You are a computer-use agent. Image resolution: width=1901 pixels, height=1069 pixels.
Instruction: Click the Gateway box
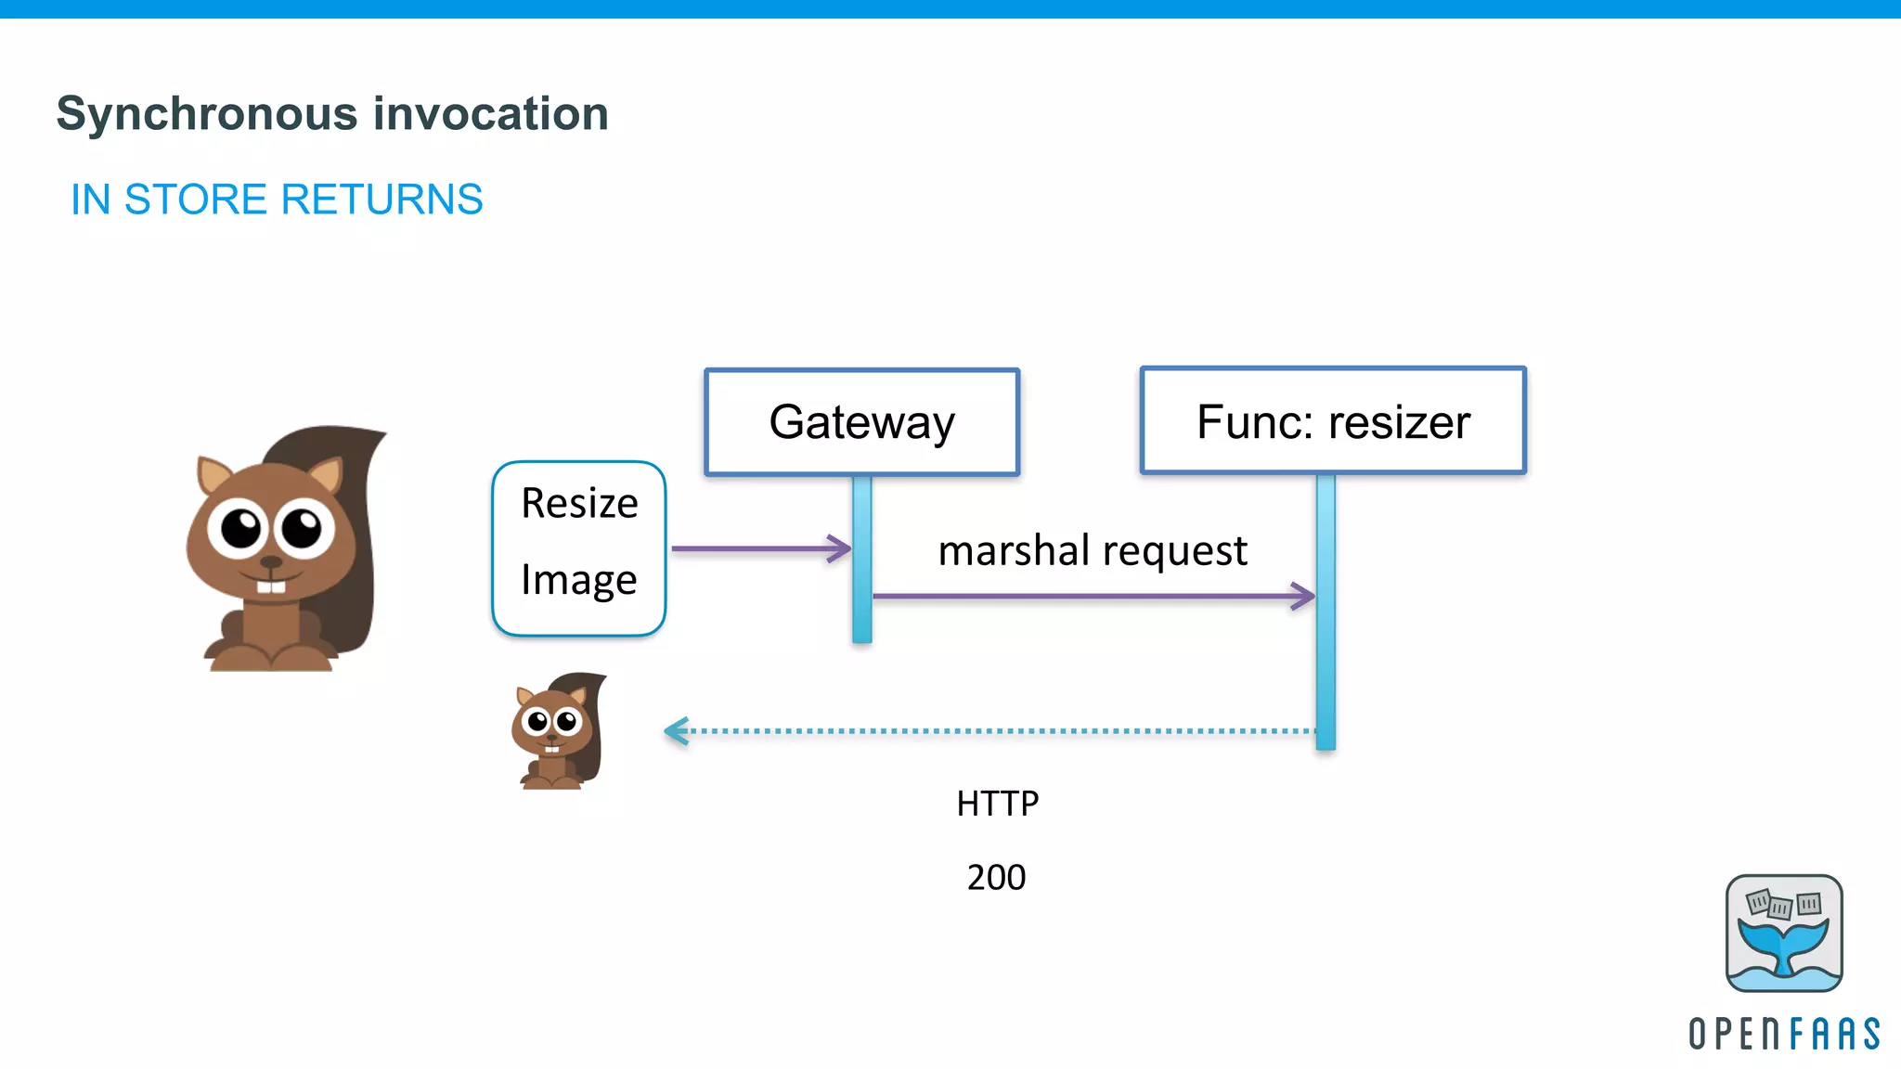tap(861, 422)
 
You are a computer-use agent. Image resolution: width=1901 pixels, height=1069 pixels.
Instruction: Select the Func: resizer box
tap(1333, 421)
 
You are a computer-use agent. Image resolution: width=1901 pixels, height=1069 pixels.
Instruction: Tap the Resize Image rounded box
tap(578, 547)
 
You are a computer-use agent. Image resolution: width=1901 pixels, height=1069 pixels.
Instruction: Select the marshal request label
tap(1092, 550)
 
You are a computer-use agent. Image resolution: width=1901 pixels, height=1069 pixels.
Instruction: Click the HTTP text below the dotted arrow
tap(997, 804)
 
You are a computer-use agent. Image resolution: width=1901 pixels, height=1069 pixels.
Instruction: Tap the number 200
tap(996, 878)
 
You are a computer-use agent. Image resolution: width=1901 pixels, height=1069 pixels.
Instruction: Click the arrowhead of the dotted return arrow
tap(676, 731)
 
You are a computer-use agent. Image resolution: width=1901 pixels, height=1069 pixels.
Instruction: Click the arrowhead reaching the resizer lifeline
tap(1304, 596)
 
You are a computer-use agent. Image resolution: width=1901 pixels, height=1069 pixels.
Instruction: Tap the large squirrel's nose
tap(270, 562)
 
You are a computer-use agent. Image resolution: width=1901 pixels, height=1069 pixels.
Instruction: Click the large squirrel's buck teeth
tap(271, 586)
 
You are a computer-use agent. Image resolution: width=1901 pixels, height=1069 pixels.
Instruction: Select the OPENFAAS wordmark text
tap(1783, 1034)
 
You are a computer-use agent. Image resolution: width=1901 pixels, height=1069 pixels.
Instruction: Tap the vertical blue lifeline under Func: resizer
tap(1326, 650)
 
